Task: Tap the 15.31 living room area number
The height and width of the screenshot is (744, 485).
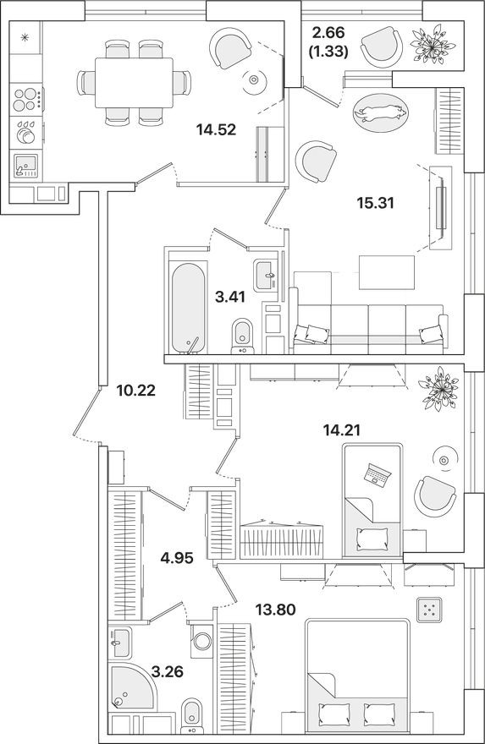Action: (x=376, y=203)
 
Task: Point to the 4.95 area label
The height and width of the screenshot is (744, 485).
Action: (x=178, y=556)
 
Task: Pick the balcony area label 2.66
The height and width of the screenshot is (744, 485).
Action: (x=328, y=33)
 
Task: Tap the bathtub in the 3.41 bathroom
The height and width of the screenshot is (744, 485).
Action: (x=187, y=309)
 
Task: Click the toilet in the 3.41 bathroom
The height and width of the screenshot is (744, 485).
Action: (x=244, y=335)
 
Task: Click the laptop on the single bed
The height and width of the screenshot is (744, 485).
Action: (x=375, y=474)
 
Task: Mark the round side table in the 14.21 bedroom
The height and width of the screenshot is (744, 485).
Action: (x=443, y=458)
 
